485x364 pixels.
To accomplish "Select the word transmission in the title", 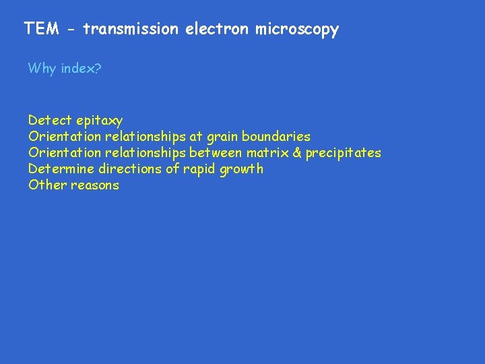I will click(131, 29).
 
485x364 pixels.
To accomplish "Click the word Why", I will click(42, 69).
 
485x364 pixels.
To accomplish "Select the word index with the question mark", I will click(80, 69).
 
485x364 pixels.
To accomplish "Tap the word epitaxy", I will click(100, 121).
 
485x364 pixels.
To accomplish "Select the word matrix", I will click(267, 153).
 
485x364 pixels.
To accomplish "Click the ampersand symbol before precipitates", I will click(296, 153).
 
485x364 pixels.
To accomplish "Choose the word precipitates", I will click(344, 154).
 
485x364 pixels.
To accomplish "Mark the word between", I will click(216, 153).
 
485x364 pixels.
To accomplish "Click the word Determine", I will click(61, 169).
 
